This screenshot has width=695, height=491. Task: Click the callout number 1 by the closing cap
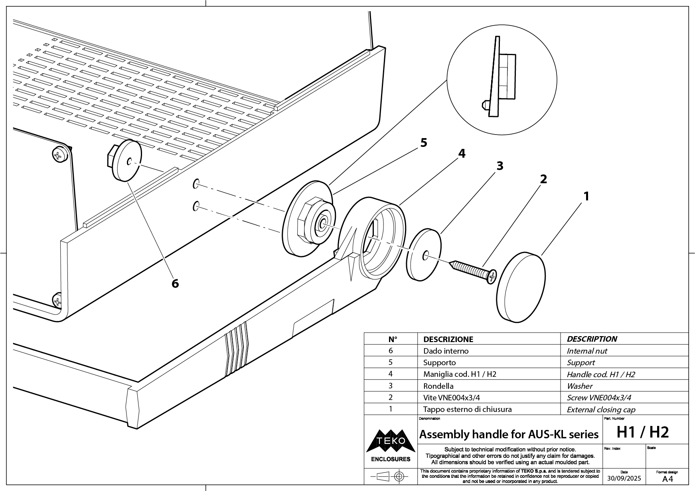click(x=586, y=196)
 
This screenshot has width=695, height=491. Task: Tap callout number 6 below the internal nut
click(x=175, y=283)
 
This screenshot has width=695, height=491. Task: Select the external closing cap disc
click(x=521, y=287)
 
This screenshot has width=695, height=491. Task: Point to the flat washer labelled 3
click(x=424, y=255)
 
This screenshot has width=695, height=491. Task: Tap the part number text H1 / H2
click(x=643, y=432)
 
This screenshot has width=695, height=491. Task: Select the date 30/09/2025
click(x=624, y=478)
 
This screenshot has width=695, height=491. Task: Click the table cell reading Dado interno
click(x=446, y=351)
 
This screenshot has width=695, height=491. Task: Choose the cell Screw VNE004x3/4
click(x=598, y=398)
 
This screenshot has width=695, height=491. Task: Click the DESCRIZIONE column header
click(x=448, y=339)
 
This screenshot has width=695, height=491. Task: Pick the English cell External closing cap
click(x=601, y=410)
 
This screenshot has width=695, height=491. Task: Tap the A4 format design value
click(x=667, y=479)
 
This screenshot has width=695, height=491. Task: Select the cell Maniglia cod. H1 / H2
click(x=460, y=374)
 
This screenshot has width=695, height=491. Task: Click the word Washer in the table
click(x=579, y=386)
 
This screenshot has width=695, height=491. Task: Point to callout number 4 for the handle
click(x=461, y=153)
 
